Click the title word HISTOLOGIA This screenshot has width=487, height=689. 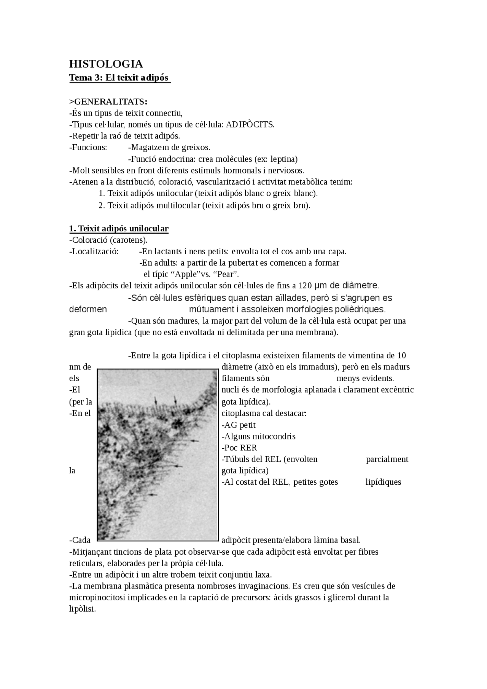tap(106, 64)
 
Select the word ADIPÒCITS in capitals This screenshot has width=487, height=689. tap(249, 124)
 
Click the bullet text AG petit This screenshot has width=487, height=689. tap(239, 425)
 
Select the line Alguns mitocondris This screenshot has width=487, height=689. tap(258, 436)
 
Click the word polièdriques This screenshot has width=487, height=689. tap(355, 309)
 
